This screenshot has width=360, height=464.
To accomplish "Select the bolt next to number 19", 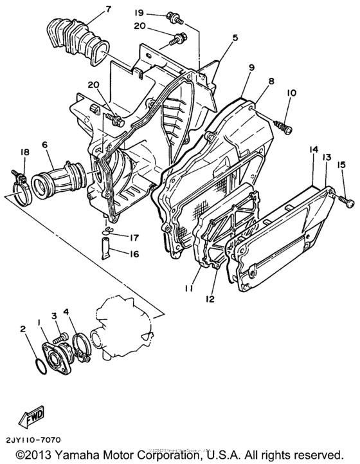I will tap(172, 15).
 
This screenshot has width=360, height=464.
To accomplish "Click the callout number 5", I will tap(235, 38).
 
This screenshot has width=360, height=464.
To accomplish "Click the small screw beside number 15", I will tap(348, 203).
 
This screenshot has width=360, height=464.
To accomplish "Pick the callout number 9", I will tap(250, 67).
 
